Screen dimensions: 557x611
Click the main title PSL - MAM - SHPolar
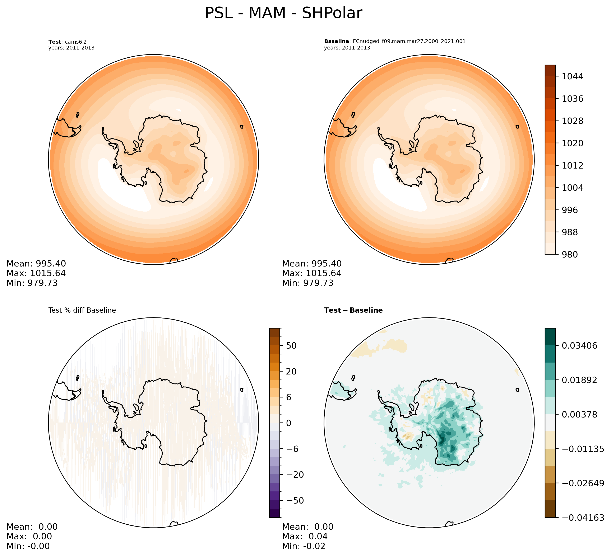point(283,14)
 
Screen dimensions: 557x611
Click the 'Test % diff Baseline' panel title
point(82,311)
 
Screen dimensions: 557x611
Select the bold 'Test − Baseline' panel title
point(353,311)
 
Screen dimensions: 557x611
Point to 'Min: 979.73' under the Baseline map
point(308,283)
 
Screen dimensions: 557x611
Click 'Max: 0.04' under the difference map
point(305,536)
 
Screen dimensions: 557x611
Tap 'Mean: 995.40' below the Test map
point(36,264)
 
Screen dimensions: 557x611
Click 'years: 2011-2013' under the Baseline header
point(347,48)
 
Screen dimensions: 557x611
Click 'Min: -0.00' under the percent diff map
point(28,546)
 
